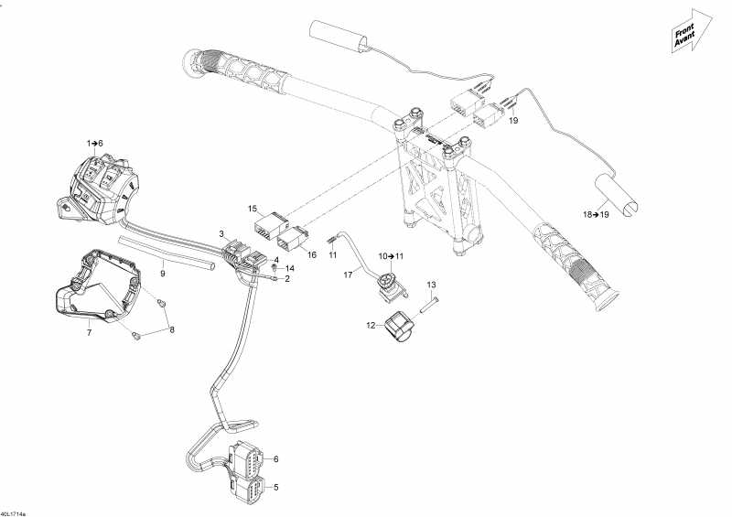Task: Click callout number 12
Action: (371, 325)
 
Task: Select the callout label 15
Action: (253, 210)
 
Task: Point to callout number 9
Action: (162, 273)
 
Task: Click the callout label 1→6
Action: (95, 144)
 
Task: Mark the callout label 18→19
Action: (596, 213)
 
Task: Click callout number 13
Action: (433, 285)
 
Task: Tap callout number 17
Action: (348, 274)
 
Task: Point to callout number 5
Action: (275, 487)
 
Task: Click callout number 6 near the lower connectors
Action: (275, 459)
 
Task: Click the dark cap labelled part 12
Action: (399, 329)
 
